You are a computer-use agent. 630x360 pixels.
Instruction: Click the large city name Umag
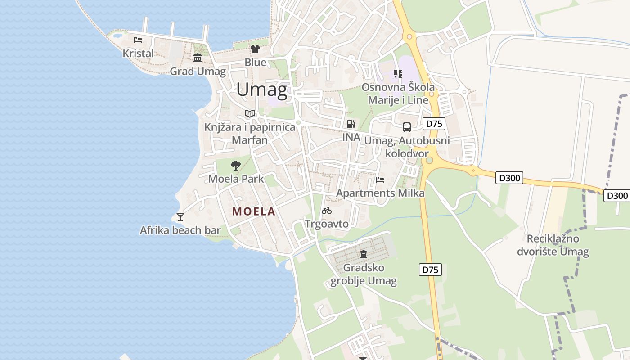(x=261, y=90)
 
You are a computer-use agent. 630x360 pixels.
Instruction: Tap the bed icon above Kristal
(x=138, y=40)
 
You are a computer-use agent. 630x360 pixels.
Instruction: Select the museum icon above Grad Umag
(x=198, y=58)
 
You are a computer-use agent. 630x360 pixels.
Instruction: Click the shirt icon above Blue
(x=255, y=49)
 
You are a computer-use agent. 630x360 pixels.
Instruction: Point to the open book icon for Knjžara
(x=250, y=113)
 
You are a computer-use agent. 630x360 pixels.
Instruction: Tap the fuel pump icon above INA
(x=351, y=124)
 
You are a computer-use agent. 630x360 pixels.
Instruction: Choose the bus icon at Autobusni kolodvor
(x=407, y=127)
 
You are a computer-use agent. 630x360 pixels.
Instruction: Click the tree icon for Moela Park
(x=235, y=166)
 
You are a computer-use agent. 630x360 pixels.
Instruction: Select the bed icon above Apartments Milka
(x=380, y=180)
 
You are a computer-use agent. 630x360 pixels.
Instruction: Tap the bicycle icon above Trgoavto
(x=327, y=210)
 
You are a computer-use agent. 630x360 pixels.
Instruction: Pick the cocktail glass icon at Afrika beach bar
(x=180, y=217)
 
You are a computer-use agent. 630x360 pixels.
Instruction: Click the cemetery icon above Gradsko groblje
(x=364, y=254)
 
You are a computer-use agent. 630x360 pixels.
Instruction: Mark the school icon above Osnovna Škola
(x=398, y=73)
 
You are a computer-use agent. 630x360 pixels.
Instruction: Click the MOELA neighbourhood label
(x=253, y=211)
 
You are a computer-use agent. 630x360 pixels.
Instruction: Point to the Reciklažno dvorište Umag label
(x=553, y=245)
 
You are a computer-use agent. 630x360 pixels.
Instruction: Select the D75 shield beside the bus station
(x=434, y=124)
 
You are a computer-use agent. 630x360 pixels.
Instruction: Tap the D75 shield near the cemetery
(x=431, y=270)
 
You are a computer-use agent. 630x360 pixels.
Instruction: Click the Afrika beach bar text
(x=180, y=230)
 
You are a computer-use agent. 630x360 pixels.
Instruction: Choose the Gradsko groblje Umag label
(x=364, y=274)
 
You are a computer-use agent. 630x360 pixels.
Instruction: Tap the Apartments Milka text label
(x=380, y=193)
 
